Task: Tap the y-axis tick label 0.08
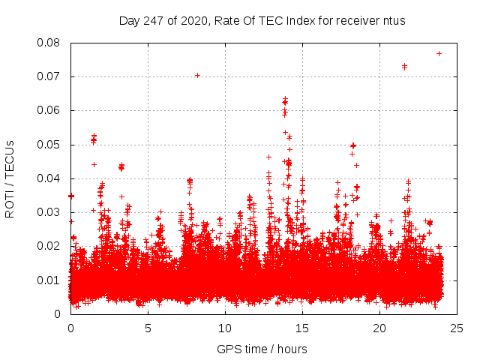(x=49, y=43)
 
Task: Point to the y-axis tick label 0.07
(x=49, y=76)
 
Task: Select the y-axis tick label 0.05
(x=49, y=144)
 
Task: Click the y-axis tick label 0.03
(x=49, y=212)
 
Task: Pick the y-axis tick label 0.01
(x=49, y=280)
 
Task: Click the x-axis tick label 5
(x=148, y=328)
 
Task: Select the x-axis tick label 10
(x=225, y=328)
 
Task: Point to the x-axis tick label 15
(x=302, y=328)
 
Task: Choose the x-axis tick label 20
(x=379, y=328)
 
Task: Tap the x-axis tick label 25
(x=457, y=328)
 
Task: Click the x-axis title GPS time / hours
(x=262, y=349)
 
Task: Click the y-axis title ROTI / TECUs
(x=10, y=178)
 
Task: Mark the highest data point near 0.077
(x=439, y=53)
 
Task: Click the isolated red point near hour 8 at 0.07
(x=197, y=75)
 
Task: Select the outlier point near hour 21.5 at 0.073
(x=404, y=67)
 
